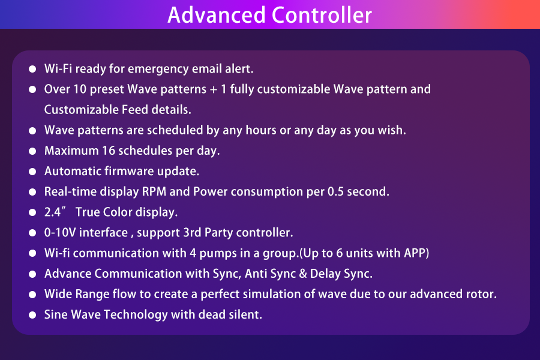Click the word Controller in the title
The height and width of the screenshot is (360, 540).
coord(322,15)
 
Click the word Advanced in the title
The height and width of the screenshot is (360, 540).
coord(216,15)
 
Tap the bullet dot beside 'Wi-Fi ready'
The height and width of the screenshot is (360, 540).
coord(32,69)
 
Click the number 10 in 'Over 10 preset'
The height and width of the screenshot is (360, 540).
coord(80,89)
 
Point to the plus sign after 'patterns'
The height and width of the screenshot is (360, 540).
coord(214,89)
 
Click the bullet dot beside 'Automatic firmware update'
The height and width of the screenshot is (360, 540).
coord(32,171)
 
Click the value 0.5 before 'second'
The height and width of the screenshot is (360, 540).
coord(335,191)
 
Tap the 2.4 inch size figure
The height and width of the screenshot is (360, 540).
coord(53,212)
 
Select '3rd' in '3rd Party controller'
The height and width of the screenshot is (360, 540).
coord(192,233)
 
